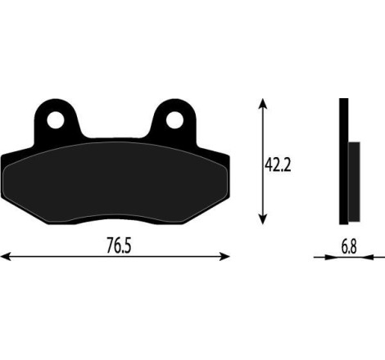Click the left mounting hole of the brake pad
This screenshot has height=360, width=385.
coord(56,120)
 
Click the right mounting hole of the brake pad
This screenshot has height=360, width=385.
coord(174,120)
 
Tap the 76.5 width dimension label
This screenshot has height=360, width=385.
coord(119,245)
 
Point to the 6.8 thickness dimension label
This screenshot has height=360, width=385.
coord(349,246)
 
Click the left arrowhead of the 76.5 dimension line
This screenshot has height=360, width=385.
coord(5,256)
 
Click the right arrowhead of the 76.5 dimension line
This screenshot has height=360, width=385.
coord(224,256)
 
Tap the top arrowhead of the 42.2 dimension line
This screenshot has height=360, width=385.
coord(263,103)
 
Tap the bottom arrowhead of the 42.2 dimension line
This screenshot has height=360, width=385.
coord(263,219)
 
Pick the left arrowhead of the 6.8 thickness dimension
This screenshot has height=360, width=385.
coord(330,257)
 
